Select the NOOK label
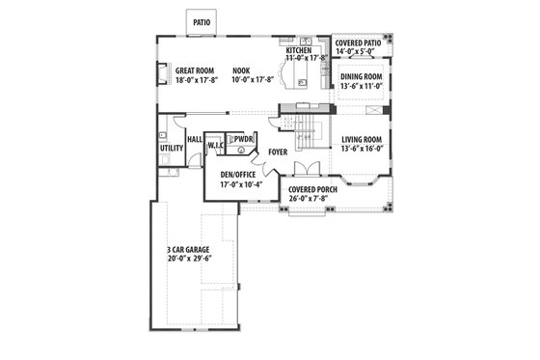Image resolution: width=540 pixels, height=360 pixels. pyautogui.click(x=242, y=70)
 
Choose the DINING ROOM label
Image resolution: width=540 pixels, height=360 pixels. pyautogui.click(x=362, y=76)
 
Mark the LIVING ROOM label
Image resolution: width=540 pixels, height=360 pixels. pyautogui.click(x=363, y=139)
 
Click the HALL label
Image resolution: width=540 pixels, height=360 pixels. pyautogui.click(x=194, y=140)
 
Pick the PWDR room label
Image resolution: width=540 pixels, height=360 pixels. pyautogui.click(x=242, y=139)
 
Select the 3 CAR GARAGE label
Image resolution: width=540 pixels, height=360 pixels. pyautogui.click(x=189, y=248)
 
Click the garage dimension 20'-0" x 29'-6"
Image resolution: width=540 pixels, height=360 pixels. pyautogui.click(x=189, y=258)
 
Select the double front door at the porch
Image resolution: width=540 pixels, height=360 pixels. pyautogui.click(x=308, y=209)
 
